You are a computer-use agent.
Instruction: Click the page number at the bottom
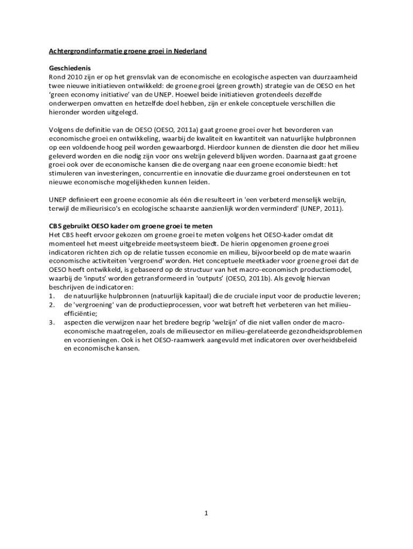pyautogui.click(x=205, y=513)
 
